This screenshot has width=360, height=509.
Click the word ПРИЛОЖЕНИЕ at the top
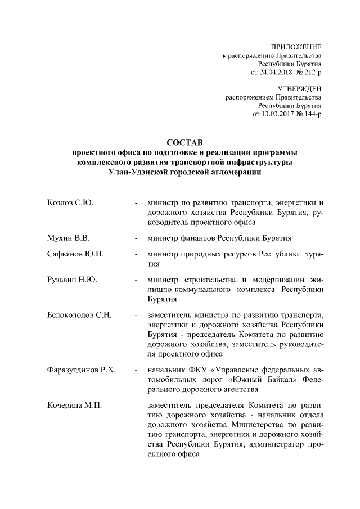296,47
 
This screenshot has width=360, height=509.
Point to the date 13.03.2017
279,114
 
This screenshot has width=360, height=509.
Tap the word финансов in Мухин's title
200,237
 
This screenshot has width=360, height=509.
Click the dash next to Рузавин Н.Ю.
136,280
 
